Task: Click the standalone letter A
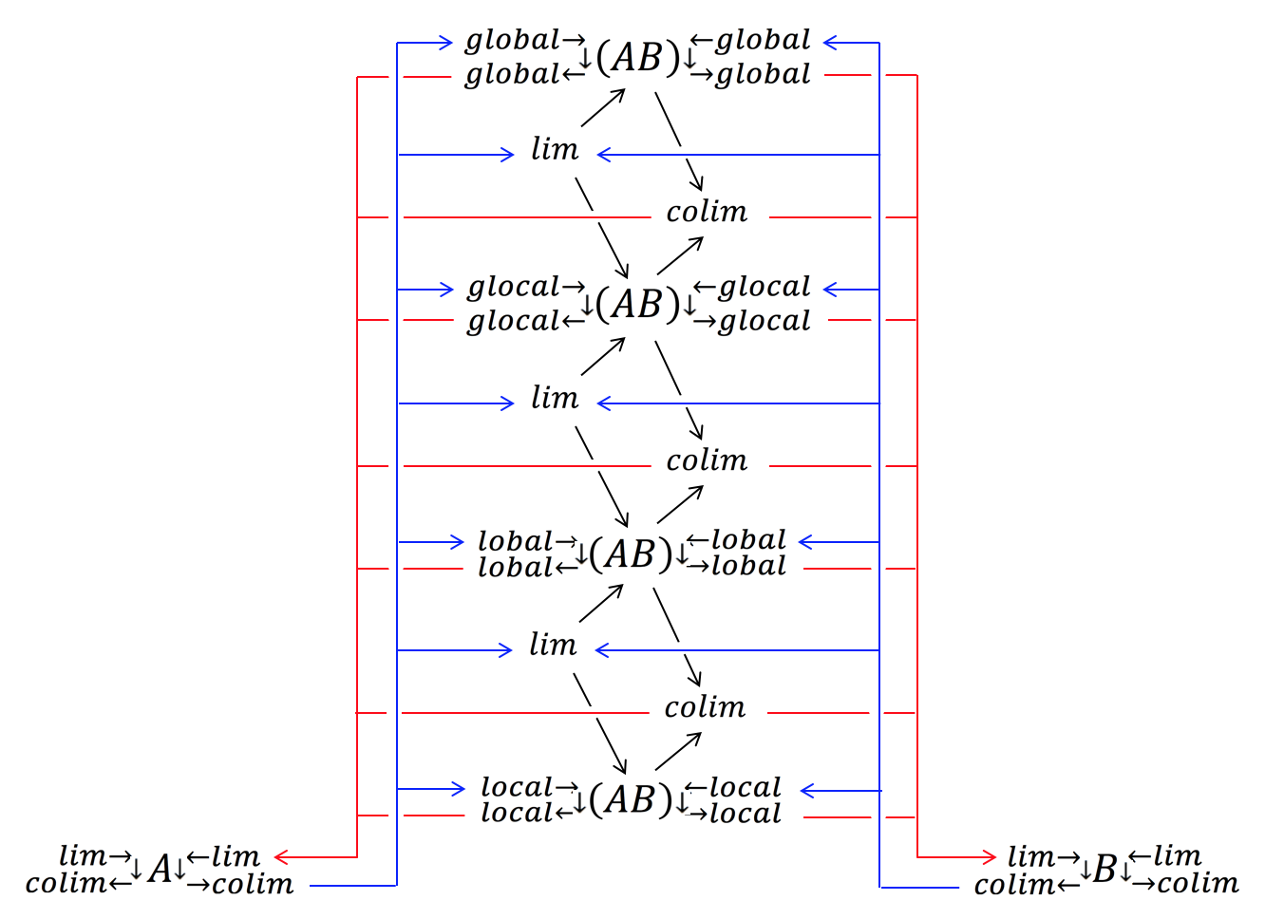(x=160, y=869)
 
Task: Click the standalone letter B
(x=1105, y=869)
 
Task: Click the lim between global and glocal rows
(x=555, y=150)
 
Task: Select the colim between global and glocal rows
(x=707, y=212)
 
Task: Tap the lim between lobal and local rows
(x=553, y=646)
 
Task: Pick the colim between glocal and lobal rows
(x=707, y=460)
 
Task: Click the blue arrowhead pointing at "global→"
(x=445, y=42)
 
